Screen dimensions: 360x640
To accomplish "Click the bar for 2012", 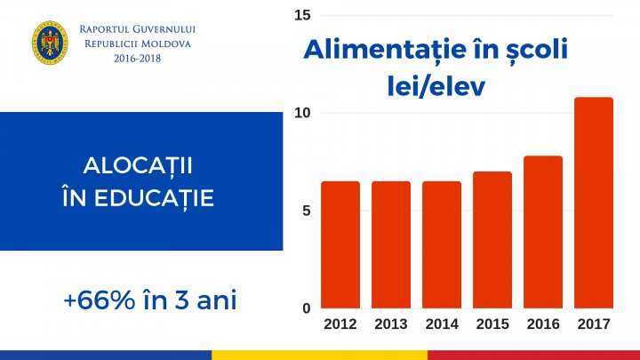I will tap(340, 244).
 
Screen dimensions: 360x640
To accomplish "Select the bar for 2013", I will tap(391, 244).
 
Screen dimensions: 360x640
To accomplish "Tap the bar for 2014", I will tap(442, 244).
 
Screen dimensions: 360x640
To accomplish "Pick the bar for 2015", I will tap(492, 240).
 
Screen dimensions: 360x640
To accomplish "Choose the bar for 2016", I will tap(543, 232).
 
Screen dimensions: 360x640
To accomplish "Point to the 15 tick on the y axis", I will tap(302, 15).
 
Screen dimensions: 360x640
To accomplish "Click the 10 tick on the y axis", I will tap(302, 113).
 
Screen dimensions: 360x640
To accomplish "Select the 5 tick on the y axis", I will tap(305, 211).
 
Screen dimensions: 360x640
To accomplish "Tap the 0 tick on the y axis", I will tap(305, 308).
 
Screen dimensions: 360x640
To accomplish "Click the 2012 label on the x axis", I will tap(340, 324).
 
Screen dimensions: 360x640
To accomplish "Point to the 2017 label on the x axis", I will tap(594, 324).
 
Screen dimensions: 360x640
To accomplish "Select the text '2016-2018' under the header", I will tap(138, 58).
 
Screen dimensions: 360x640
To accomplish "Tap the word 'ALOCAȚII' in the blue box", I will tap(138, 166).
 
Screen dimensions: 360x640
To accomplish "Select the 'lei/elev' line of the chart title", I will tap(436, 86).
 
